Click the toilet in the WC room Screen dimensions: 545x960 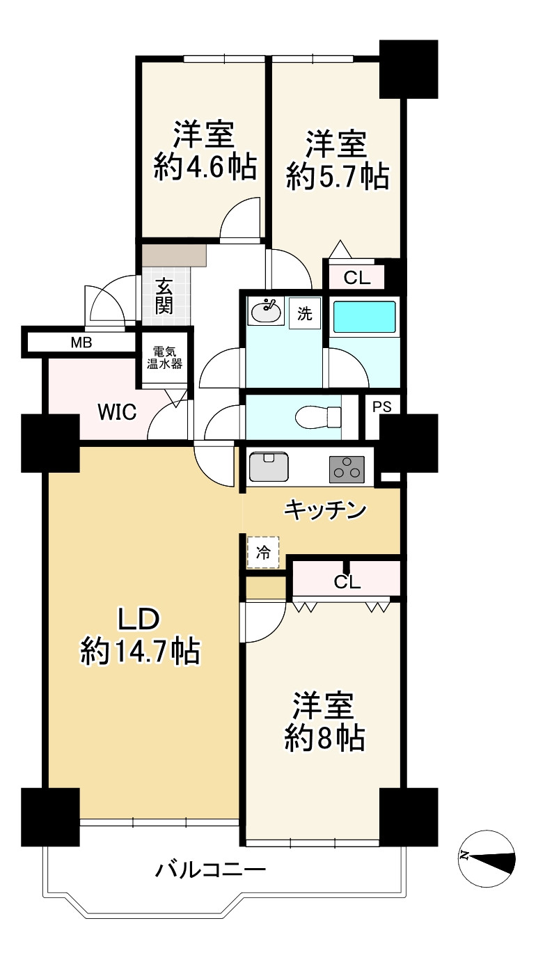[x=318, y=417]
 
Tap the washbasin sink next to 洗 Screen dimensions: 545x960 [x=266, y=311]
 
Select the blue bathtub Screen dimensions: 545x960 [x=364, y=317]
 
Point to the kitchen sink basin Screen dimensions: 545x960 [x=269, y=466]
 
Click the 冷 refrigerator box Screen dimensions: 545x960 [x=263, y=553]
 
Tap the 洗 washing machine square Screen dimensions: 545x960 [x=305, y=313]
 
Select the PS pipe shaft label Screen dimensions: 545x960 [x=381, y=407]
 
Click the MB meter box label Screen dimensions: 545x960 [x=81, y=343]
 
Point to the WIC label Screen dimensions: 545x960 [x=118, y=412]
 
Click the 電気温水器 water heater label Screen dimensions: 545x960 [x=165, y=358]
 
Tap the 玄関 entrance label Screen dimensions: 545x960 [x=164, y=296]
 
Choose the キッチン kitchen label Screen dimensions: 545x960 [x=326, y=510]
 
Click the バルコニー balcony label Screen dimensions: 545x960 [x=210, y=869]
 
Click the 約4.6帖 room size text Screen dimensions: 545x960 [x=205, y=166]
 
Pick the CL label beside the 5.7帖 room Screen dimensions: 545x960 [x=357, y=278]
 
